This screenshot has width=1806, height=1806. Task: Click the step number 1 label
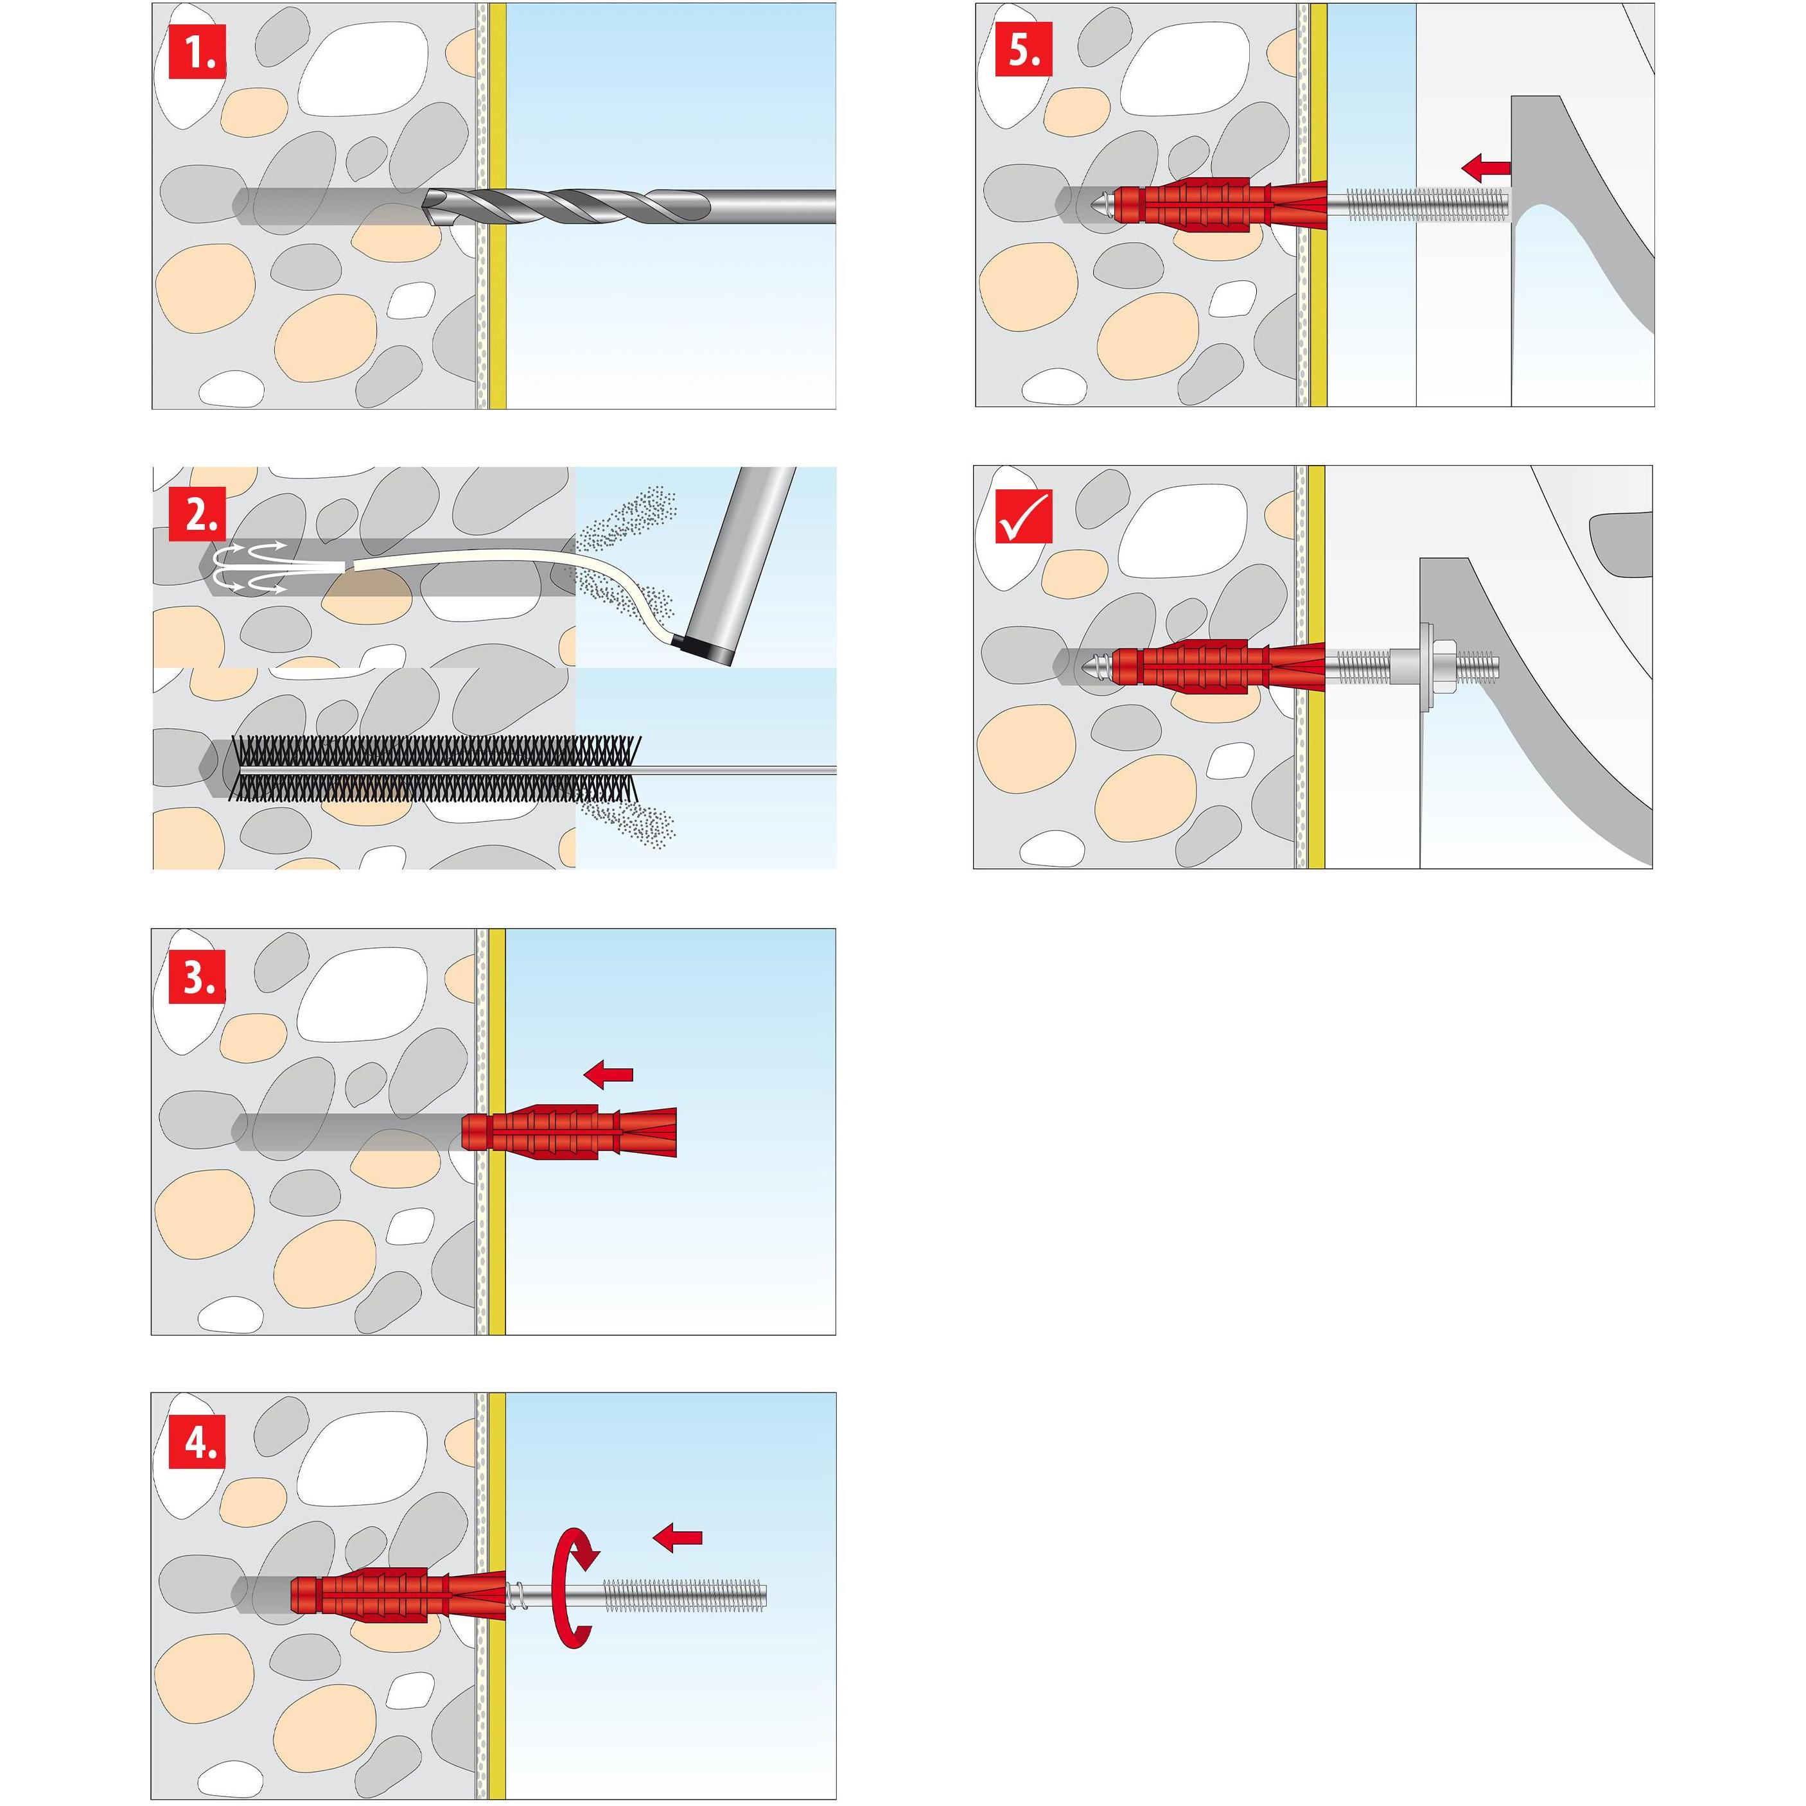[197, 53]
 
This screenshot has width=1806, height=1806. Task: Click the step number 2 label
[197, 515]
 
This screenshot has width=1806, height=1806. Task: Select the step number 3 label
[197, 978]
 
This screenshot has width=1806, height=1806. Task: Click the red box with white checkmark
[1024, 516]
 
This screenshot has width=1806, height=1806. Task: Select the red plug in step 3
[566, 1132]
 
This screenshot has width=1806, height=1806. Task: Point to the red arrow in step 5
[1486, 168]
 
